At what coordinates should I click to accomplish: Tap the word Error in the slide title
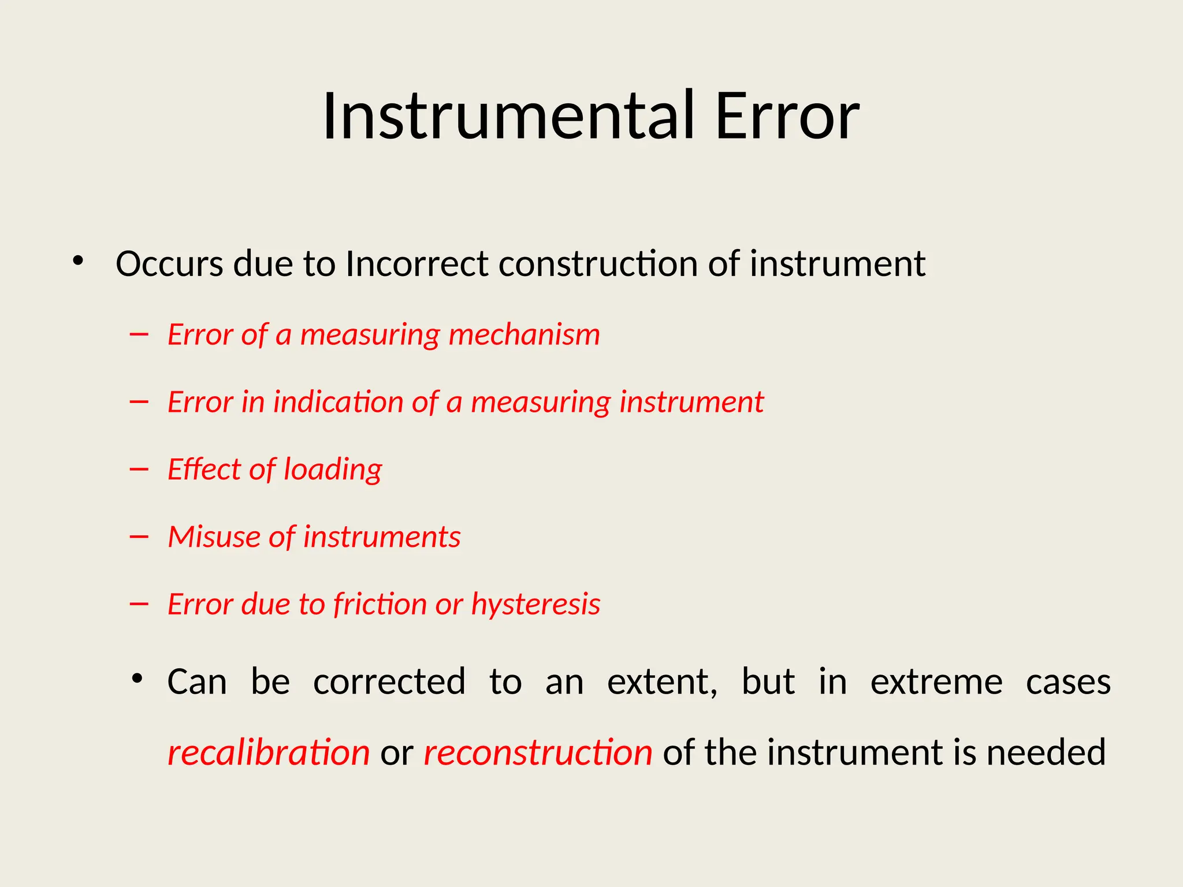click(x=787, y=117)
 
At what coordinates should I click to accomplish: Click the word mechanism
click(x=524, y=335)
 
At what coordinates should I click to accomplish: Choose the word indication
click(x=338, y=402)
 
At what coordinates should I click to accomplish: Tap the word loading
click(x=333, y=469)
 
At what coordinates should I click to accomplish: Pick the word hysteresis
click(x=535, y=605)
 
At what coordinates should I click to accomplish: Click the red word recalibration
click(x=269, y=752)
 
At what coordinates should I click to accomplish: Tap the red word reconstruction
click(x=538, y=752)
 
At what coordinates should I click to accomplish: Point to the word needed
click(x=1046, y=752)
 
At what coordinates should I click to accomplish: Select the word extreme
click(x=936, y=682)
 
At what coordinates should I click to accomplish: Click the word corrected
click(x=389, y=682)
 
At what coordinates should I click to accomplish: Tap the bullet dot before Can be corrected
click(x=137, y=677)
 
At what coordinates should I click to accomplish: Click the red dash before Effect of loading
click(x=139, y=469)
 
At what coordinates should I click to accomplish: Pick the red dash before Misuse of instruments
click(x=139, y=537)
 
